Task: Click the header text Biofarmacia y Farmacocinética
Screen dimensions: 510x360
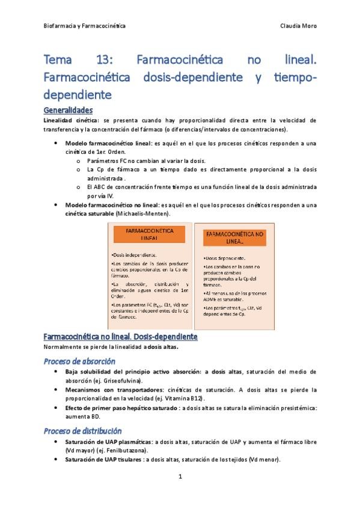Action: pyautogui.click(x=85, y=26)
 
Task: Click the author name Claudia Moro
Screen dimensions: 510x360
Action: pyautogui.click(x=298, y=26)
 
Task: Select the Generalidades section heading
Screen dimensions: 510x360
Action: pyautogui.click(x=69, y=110)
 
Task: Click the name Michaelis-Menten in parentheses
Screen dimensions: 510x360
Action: pyautogui.click(x=144, y=214)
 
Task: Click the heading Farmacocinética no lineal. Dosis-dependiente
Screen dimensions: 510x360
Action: pyautogui.click(x=121, y=336)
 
